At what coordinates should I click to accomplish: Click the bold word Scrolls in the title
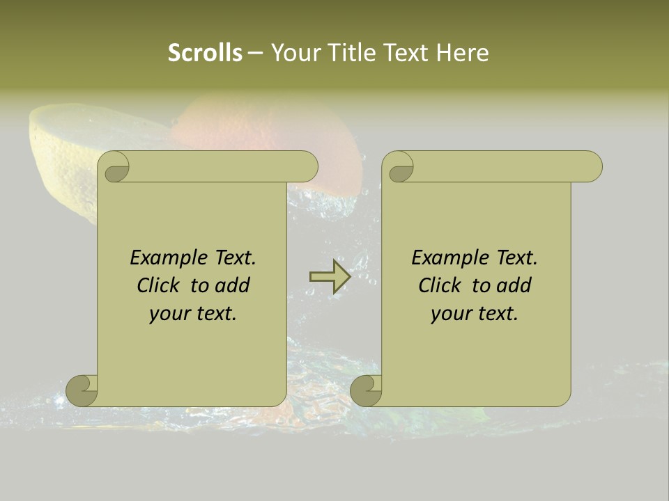point(205,53)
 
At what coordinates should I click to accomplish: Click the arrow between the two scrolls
point(330,276)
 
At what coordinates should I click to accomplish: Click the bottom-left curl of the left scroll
point(82,390)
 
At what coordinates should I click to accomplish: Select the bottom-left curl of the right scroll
point(366,390)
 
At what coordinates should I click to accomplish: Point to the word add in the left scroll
point(232,285)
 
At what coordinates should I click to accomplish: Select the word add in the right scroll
point(514,285)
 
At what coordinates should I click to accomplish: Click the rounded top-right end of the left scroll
point(307,167)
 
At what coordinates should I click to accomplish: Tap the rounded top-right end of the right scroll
point(591,167)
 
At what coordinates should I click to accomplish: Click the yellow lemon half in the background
point(63,146)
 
